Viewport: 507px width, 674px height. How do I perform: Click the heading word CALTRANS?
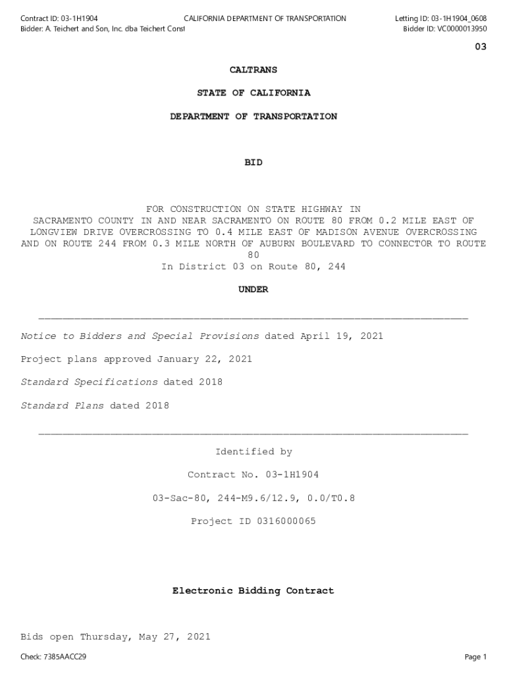[254, 70]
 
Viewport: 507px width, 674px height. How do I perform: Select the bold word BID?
[254, 163]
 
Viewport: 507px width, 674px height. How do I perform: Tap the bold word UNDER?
[254, 290]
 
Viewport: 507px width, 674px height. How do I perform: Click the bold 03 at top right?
[481, 47]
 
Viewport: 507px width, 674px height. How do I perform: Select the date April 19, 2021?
[342, 336]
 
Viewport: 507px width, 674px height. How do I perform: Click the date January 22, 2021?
[204, 359]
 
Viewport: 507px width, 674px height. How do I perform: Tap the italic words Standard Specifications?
[89, 382]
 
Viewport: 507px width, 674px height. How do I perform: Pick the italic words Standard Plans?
[62, 405]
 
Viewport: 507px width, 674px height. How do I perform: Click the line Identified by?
[254, 452]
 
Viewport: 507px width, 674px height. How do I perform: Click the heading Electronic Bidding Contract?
[254, 591]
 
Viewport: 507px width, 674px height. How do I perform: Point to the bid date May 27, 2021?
[171, 637]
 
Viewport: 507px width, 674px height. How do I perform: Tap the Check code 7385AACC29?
[65, 657]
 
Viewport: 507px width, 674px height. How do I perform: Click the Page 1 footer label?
[475, 657]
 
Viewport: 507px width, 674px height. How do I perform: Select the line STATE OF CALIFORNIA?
[254, 93]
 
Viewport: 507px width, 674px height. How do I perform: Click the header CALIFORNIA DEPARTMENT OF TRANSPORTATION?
[265, 18]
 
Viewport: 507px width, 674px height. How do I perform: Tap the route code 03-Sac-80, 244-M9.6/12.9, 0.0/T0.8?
[254, 498]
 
